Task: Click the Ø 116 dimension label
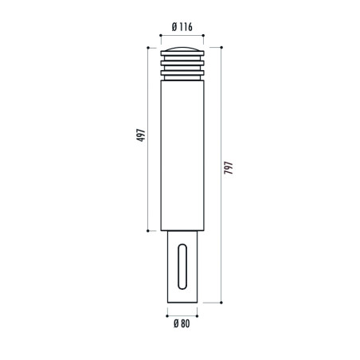coord(182,27)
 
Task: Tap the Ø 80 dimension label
coord(182,323)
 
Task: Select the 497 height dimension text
coord(141,135)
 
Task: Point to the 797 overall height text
coord(229,167)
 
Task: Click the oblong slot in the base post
coord(182,266)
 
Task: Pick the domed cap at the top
coord(182,49)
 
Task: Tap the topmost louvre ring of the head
coord(182,53)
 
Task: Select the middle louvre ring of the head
coord(182,63)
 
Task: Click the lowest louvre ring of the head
coord(182,72)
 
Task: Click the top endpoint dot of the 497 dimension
coord(148,48)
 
